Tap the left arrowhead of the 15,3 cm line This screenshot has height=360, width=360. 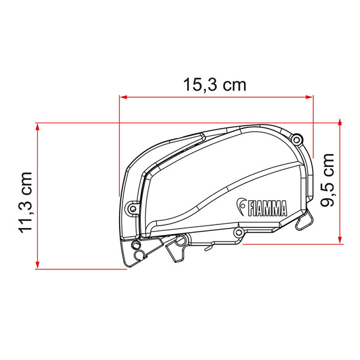pos(123,97)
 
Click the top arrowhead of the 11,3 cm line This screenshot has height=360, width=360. pos(37,126)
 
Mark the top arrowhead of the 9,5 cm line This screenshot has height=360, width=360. pos(340,122)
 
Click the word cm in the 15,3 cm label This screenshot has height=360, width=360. pos(235,85)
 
